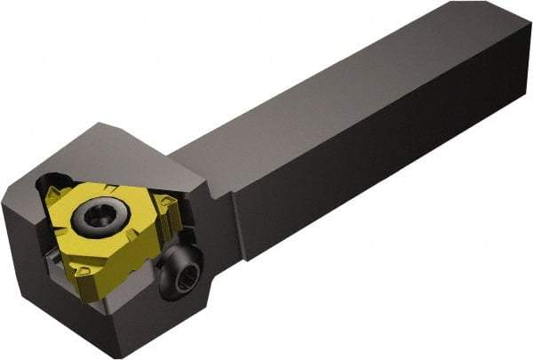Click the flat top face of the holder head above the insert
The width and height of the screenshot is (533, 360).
133,151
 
